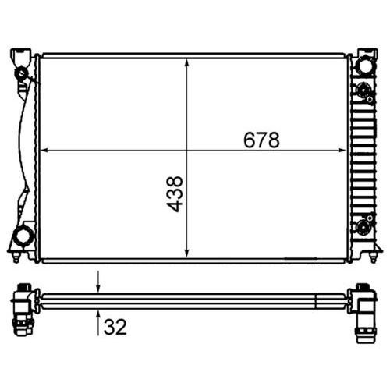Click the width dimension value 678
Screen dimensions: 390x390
(261, 140)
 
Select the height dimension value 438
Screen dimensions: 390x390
(175, 194)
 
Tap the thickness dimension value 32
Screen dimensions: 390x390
(115, 327)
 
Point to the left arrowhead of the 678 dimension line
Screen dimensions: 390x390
(44, 150)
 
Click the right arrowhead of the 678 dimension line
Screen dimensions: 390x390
(342, 150)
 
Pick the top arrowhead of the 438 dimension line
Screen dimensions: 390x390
(187, 63)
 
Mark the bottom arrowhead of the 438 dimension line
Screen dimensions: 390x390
(187, 253)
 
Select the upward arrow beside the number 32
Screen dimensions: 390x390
(98, 322)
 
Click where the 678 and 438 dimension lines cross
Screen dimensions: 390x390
(187, 150)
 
